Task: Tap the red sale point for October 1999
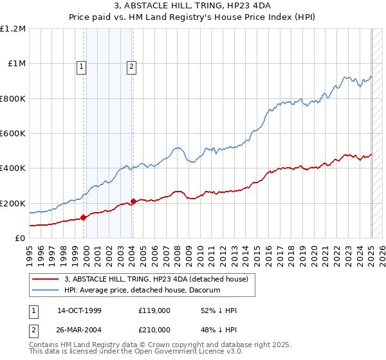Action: point(84,218)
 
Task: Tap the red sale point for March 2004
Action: point(133,202)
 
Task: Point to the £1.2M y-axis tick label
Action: point(13,29)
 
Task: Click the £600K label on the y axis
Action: point(13,134)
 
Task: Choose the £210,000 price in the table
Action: point(154,330)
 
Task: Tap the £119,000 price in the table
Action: point(154,310)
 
